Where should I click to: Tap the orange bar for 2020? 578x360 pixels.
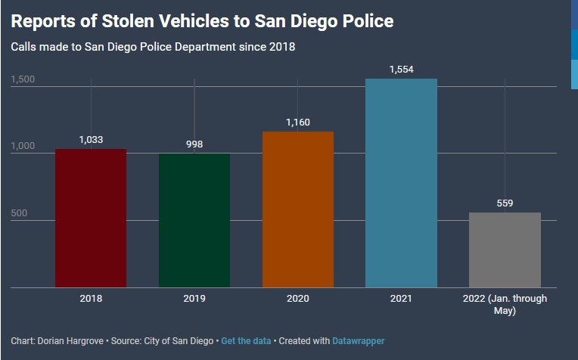297,209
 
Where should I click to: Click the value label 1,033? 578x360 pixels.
91,139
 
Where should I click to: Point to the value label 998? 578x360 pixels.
194,144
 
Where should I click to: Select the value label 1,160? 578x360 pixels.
297,122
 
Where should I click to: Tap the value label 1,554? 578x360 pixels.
401,69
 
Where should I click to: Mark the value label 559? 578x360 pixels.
505,203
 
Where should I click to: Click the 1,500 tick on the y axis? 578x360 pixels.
23,79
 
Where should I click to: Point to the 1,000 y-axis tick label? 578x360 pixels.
23,146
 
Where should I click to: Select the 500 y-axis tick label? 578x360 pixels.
19,213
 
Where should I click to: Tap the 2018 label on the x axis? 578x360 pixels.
91,299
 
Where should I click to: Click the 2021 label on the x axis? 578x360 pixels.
401,299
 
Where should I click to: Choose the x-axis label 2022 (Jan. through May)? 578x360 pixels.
505,304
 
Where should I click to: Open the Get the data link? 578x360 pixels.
245,341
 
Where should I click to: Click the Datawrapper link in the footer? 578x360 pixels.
358,341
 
